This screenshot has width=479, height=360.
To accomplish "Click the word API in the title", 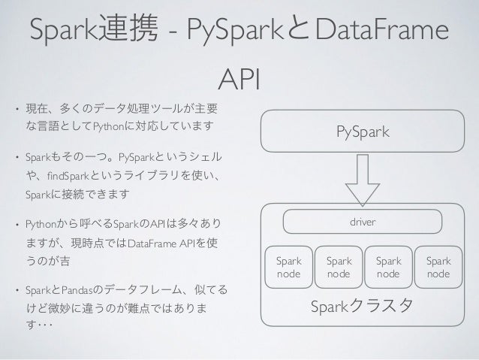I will [x=239, y=77].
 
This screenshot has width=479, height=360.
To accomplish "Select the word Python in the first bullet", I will [x=109, y=123].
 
